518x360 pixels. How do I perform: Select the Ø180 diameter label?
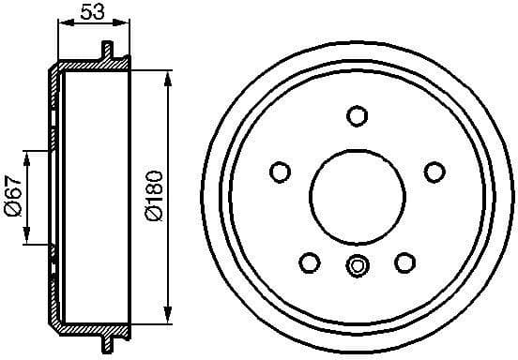click(x=154, y=196)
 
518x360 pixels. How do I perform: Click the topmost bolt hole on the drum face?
click(x=356, y=115)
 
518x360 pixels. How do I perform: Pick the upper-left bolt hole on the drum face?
click(x=279, y=172)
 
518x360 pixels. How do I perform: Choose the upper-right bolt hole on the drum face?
click(x=433, y=172)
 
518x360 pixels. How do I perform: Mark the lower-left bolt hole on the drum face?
click(x=308, y=262)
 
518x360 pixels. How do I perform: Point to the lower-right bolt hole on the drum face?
click(x=404, y=262)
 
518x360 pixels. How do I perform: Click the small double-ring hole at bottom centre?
click(x=356, y=266)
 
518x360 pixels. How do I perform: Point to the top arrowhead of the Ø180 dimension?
click(x=170, y=76)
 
